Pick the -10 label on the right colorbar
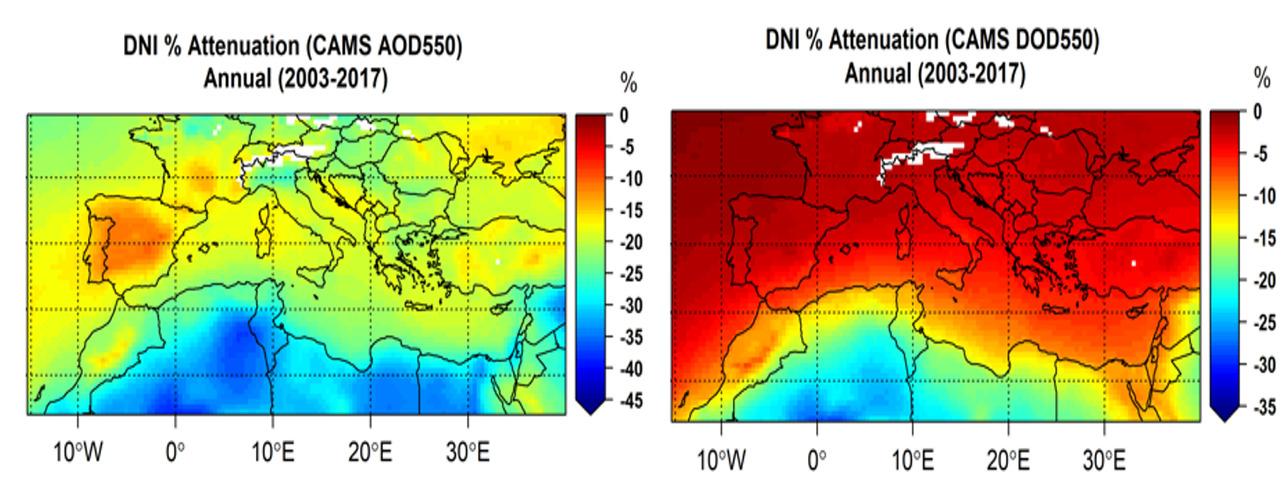1261,196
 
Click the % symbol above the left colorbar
628,84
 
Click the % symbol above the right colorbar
1262,79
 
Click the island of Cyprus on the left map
500,308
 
